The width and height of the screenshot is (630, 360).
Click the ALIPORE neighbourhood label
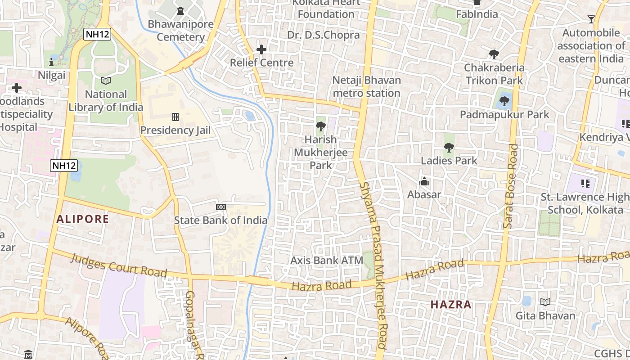tap(82, 219)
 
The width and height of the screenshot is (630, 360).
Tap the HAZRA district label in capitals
tap(451, 305)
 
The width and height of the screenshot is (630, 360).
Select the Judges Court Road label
tap(119, 266)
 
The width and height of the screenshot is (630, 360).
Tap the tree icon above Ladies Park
tap(449, 147)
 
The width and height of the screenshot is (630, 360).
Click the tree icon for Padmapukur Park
tap(504, 101)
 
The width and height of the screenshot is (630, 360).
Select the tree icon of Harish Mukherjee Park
tap(321, 126)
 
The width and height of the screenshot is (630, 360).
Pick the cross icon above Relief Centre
tap(261, 49)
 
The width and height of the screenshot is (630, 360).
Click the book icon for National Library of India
tap(106, 81)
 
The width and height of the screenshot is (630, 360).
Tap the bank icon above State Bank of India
tap(220, 207)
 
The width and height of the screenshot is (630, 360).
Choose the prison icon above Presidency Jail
tap(175, 117)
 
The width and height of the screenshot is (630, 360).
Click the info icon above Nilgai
tap(51, 62)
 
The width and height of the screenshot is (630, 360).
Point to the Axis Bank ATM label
tap(327, 260)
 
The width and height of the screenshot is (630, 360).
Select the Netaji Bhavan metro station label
tap(366, 86)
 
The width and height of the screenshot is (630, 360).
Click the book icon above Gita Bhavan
tap(545, 302)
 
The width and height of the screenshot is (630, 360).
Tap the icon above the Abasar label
tap(424, 182)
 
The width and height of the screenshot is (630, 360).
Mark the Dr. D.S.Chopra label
tap(324, 35)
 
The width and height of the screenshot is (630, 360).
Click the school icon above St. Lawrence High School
tap(585, 183)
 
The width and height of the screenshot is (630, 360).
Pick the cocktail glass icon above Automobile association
tap(591, 19)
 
